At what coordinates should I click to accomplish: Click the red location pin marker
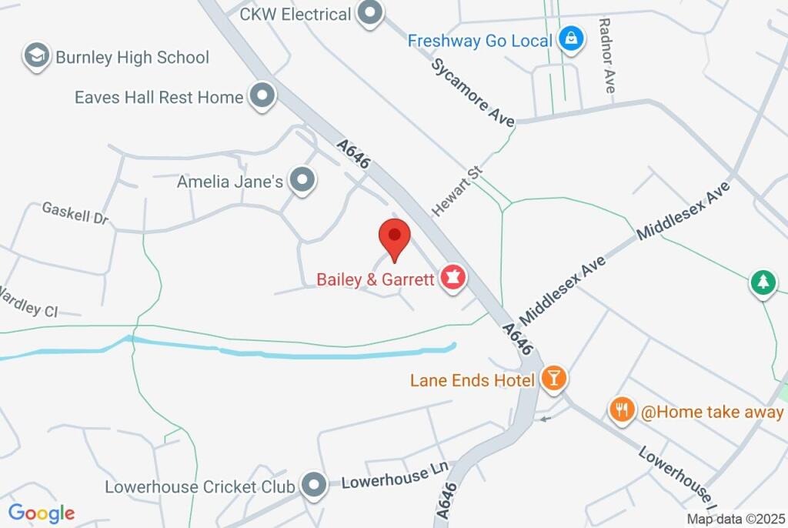[x=395, y=237]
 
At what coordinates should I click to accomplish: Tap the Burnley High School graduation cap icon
[x=36, y=56]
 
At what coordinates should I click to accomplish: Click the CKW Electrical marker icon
[x=372, y=13]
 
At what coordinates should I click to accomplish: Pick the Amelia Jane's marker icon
[x=304, y=180]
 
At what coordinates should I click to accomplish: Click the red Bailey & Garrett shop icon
[x=452, y=279]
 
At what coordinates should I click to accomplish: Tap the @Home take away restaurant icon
[x=622, y=409]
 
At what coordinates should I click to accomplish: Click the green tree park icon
[x=763, y=282]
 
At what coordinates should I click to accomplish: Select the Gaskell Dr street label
[x=75, y=213]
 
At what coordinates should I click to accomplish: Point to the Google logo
[x=42, y=513]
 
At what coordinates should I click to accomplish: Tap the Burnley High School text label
[x=132, y=57]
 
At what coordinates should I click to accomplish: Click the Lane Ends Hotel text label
[x=472, y=380]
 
